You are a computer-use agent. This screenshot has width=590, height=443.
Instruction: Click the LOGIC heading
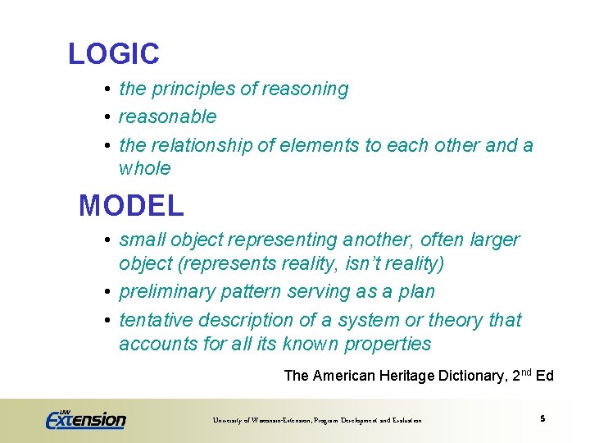[x=114, y=54]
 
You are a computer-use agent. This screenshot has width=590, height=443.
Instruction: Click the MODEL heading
[x=131, y=205]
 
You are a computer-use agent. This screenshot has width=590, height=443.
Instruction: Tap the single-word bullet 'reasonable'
[x=167, y=116]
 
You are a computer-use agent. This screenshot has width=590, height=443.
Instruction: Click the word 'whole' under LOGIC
[x=145, y=168]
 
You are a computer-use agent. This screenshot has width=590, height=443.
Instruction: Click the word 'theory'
[x=456, y=319]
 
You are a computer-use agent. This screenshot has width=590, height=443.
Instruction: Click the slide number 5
[x=542, y=419]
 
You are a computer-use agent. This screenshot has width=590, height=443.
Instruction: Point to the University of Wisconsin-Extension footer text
[x=317, y=420]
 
